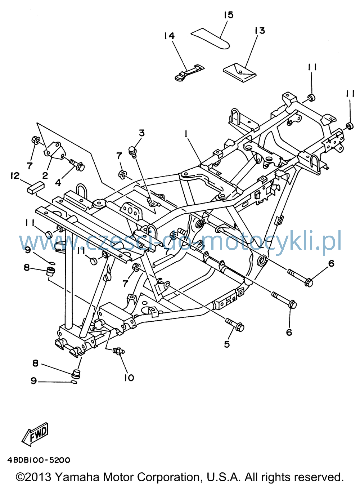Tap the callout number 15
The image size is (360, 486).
tap(228, 15)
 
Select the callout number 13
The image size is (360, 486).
tap(260, 31)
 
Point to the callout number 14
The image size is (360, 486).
tap(170, 36)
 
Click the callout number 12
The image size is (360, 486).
tap(15, 175)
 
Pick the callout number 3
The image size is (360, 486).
tap(142, 133)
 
